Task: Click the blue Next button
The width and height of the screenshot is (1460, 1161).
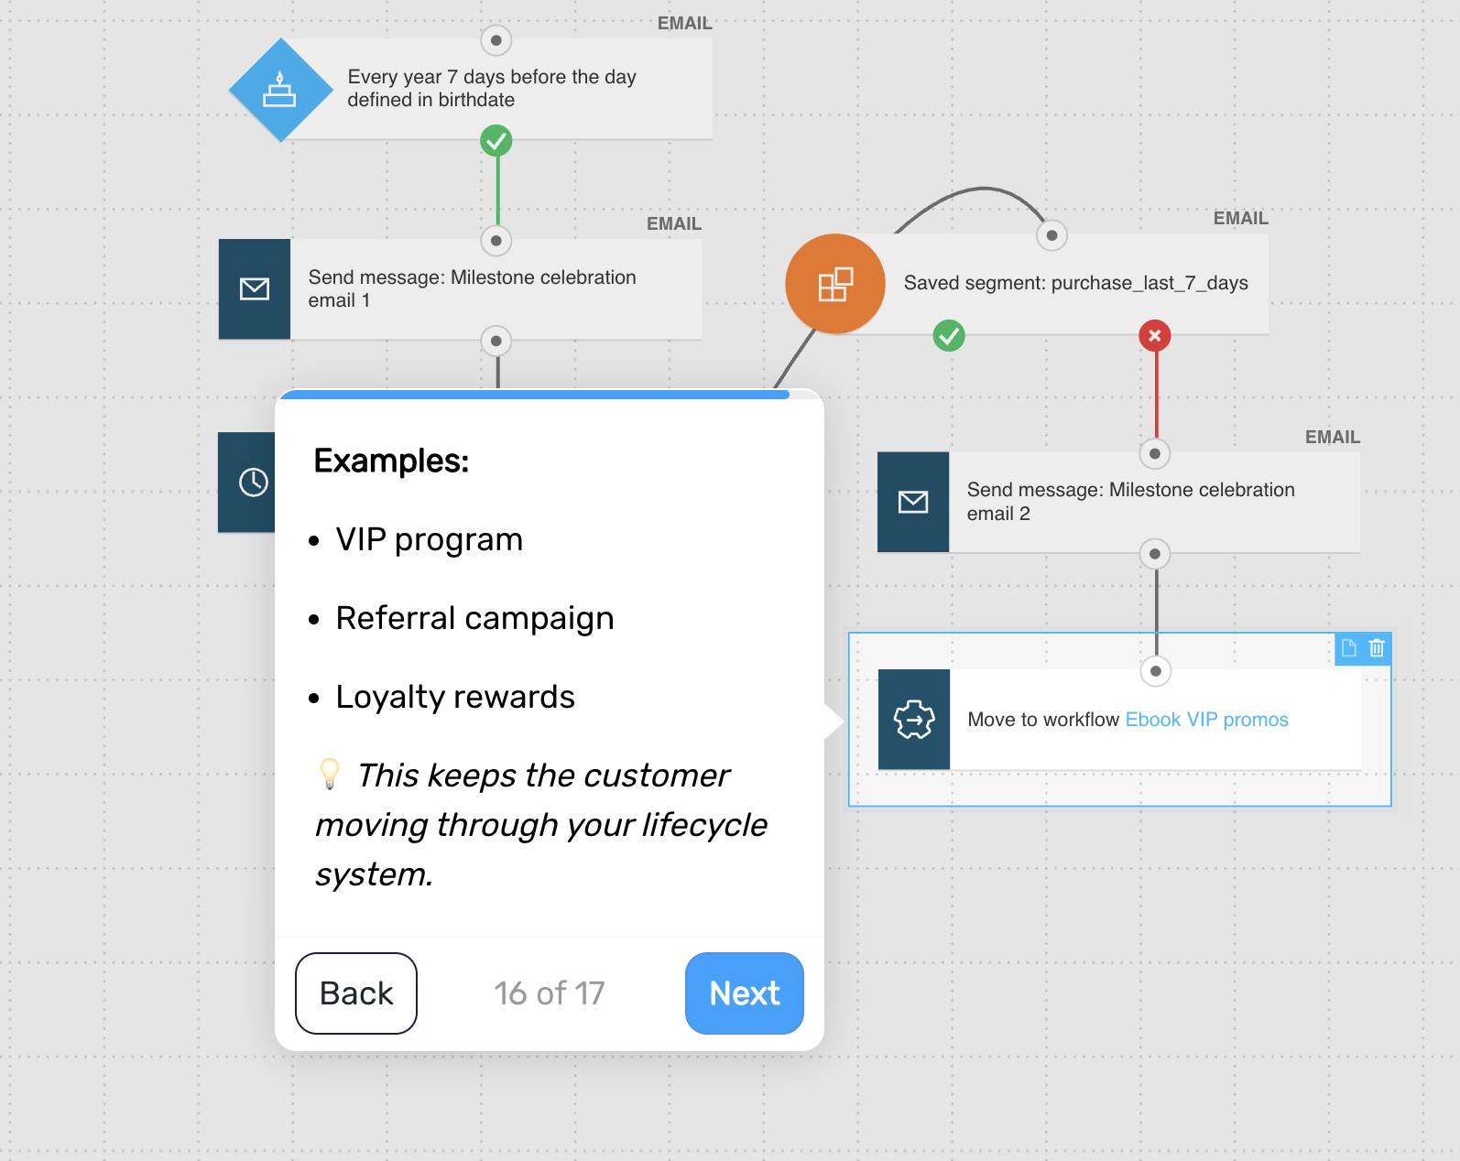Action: [745, 993]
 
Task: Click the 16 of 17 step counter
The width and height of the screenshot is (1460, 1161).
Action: [549, 993]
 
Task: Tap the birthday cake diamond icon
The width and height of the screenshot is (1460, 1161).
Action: [280, 91]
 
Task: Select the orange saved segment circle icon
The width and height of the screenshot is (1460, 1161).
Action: [835, 284]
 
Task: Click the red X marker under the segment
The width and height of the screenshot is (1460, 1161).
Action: [1155, 336]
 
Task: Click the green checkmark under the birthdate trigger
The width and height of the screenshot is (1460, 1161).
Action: [496, 140]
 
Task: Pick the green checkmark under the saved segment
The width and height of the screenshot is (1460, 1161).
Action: [949, 336]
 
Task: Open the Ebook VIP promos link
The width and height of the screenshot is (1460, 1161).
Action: [1206, 720]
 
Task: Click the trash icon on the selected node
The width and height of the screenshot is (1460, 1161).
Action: [1377, 648]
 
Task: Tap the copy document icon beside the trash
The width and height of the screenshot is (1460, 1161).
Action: [1349, 648]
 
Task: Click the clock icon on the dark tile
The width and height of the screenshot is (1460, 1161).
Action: [253, 483]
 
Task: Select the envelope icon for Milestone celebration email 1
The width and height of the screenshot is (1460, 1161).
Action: [255, 289]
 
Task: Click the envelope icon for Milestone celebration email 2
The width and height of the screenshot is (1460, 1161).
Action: [913, 503]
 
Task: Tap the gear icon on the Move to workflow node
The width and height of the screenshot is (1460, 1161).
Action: [914, 720]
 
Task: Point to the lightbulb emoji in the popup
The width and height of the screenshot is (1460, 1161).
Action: [329, 774]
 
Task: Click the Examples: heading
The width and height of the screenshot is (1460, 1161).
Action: [391, 461]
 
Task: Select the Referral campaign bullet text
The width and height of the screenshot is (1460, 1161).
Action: [474, 619]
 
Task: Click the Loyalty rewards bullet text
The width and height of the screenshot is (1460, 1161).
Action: [455, 698]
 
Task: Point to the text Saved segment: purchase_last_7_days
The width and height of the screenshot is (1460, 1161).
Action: [1076, 283]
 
